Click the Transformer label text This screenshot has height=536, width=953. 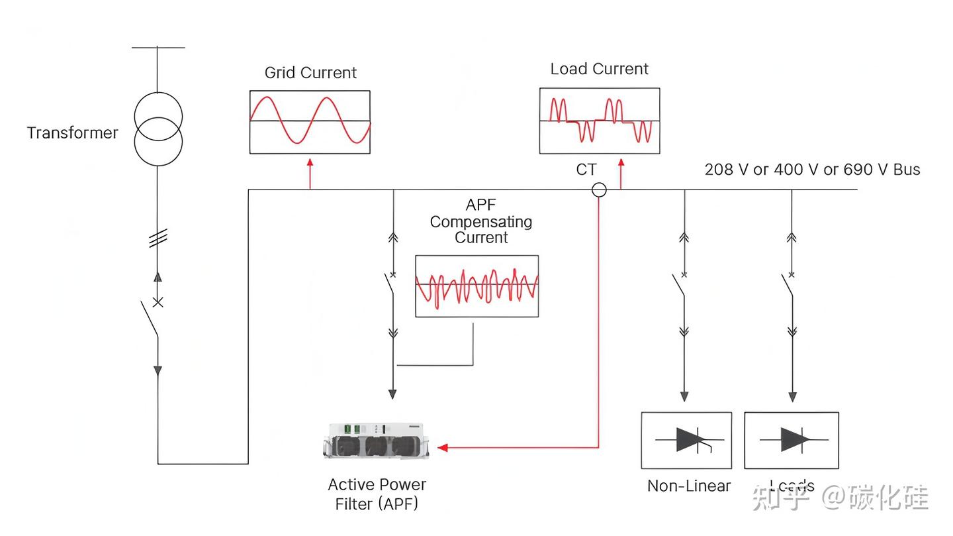tap(72, 133)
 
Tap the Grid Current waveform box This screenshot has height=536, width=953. tap(310, 121)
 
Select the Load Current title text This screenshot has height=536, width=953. tap(599, 70)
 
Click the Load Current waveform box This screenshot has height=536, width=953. tap(599, 121)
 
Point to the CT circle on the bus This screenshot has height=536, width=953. tap(599, 190)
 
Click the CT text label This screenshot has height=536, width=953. tap(586, 170)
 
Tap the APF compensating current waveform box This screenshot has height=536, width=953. tap(476, 286)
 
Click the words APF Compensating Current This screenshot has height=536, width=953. tap(480, 221)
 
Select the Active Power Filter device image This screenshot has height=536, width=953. tap(375, 440)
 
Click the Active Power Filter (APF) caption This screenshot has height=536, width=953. tap(377, 494)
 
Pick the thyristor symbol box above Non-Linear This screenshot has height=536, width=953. tap(686, 440)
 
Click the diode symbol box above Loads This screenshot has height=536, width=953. tap(791, 440)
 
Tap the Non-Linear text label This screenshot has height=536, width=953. tap(688, 486)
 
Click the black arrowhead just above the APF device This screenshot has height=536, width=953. tap(392, 394)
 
